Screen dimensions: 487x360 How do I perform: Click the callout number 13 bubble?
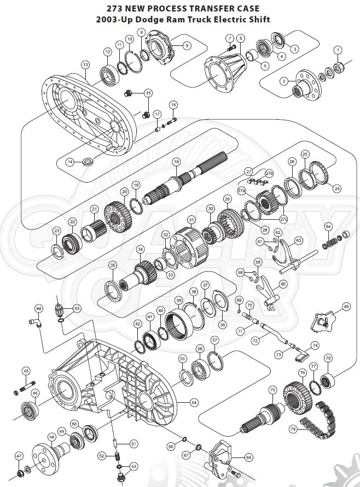pos(85,64)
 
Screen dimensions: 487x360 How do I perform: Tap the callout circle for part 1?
pos(338,50)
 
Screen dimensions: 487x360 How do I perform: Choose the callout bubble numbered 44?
pos(38,308)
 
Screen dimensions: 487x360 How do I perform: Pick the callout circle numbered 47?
pos(19,455)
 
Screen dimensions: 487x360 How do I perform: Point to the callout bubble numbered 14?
pos(70,162)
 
